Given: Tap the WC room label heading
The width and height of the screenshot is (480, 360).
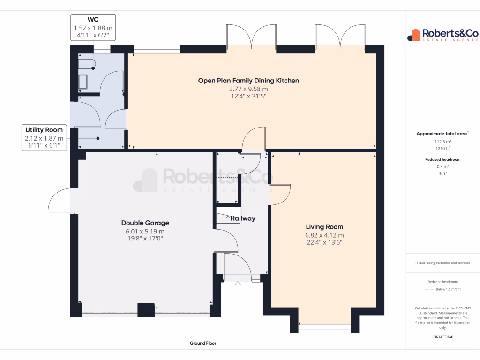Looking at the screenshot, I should [93, 20].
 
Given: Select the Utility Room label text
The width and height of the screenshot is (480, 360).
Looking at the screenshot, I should [44, 130].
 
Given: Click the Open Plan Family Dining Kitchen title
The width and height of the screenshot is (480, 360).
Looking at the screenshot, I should [248, 81].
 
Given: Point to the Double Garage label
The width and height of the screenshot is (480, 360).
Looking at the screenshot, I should [145, 223].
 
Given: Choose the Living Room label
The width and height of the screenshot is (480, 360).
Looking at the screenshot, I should [324, 227].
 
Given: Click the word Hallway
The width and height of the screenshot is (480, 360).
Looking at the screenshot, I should [242, 218].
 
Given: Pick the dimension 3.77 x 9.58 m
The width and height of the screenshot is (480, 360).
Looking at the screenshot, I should [248, 89].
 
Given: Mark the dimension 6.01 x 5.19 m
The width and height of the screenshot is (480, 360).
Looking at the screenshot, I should [145, 231].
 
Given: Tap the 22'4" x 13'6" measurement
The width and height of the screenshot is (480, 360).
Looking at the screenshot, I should [324, 242].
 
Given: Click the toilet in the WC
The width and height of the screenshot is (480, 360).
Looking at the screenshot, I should [87, 64].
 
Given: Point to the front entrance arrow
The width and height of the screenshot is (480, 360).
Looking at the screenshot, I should [238, 284].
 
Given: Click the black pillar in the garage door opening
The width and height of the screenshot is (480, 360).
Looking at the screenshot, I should [146, 310].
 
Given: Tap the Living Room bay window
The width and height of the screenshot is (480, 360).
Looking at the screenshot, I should [324, 328].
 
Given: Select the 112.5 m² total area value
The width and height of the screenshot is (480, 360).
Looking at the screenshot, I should [442, 141].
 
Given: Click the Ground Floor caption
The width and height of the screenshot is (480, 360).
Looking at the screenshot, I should [203, 343].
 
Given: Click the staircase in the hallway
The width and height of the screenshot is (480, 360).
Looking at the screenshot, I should [228, 218].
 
